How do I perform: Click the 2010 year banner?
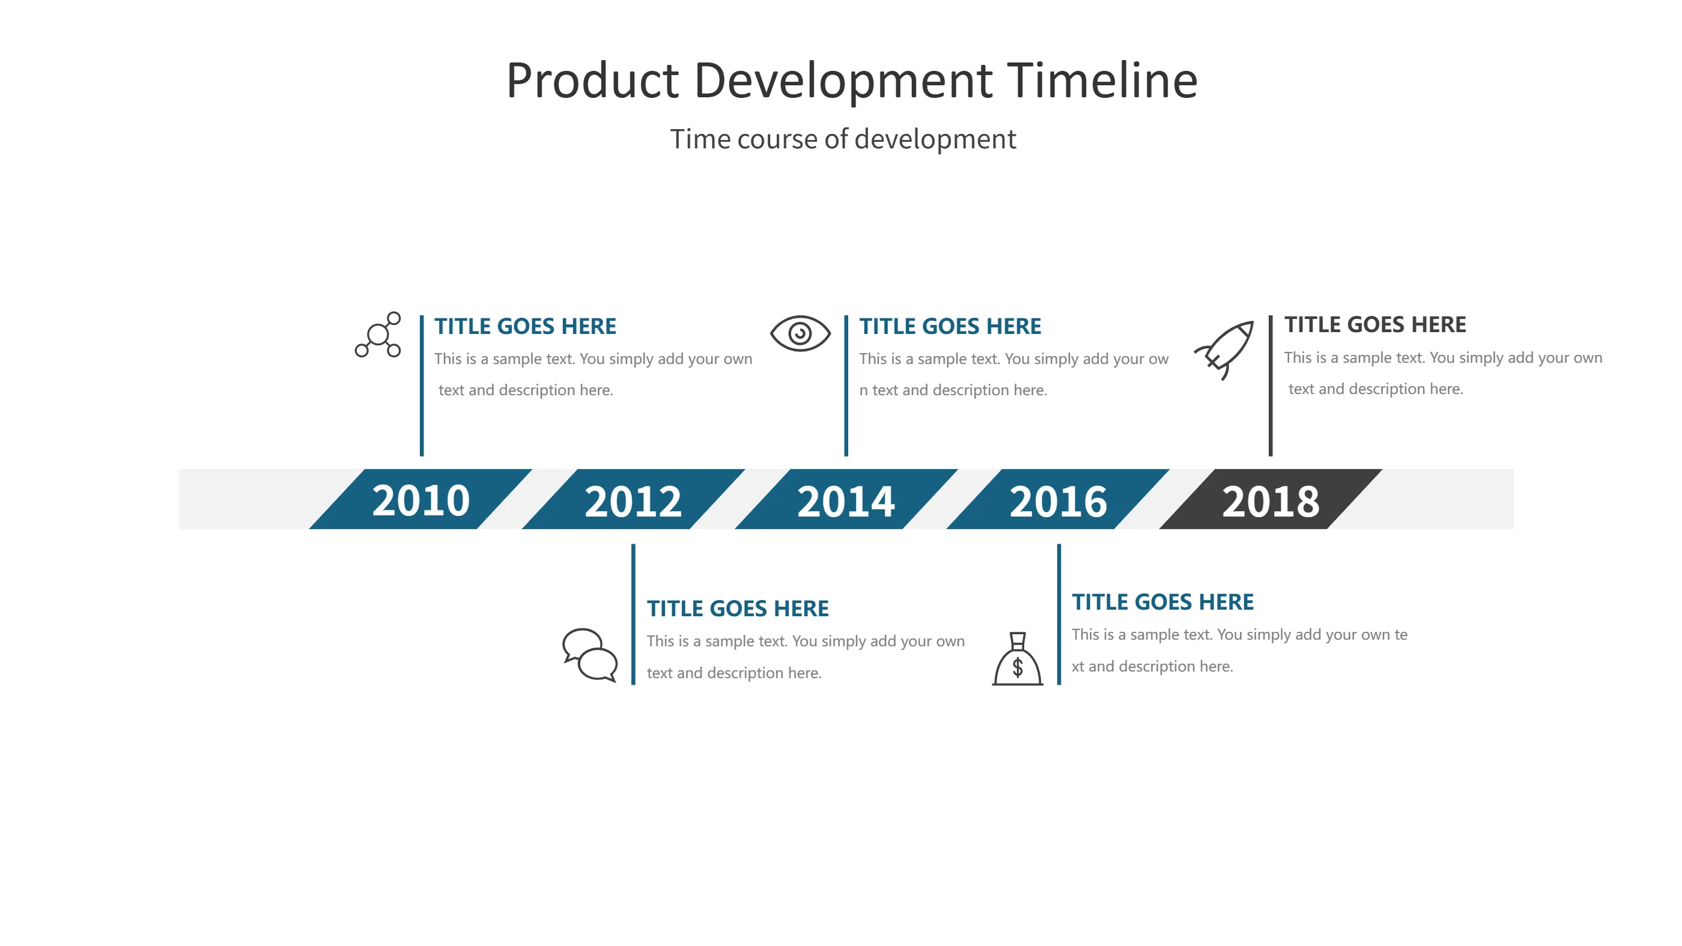(421, 500)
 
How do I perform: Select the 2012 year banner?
(633, 500)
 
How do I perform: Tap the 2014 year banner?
(846, 500)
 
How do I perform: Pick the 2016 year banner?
(1058, 500)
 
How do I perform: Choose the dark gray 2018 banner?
(1270, 500)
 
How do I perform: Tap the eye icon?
(800, 333)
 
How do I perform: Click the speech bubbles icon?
(590, 655)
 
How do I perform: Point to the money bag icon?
(1017, 659)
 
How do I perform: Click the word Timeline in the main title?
(1102, 81)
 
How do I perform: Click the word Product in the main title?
(592, 81)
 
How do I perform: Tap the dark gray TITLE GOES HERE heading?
(1374, 324)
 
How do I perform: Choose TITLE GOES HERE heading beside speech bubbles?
(737, 608)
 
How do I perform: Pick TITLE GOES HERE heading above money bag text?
(1162, 602)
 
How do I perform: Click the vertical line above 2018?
(1270, 385)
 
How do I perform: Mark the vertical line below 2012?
(633, 614)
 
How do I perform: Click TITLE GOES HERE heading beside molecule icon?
(525, 326)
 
